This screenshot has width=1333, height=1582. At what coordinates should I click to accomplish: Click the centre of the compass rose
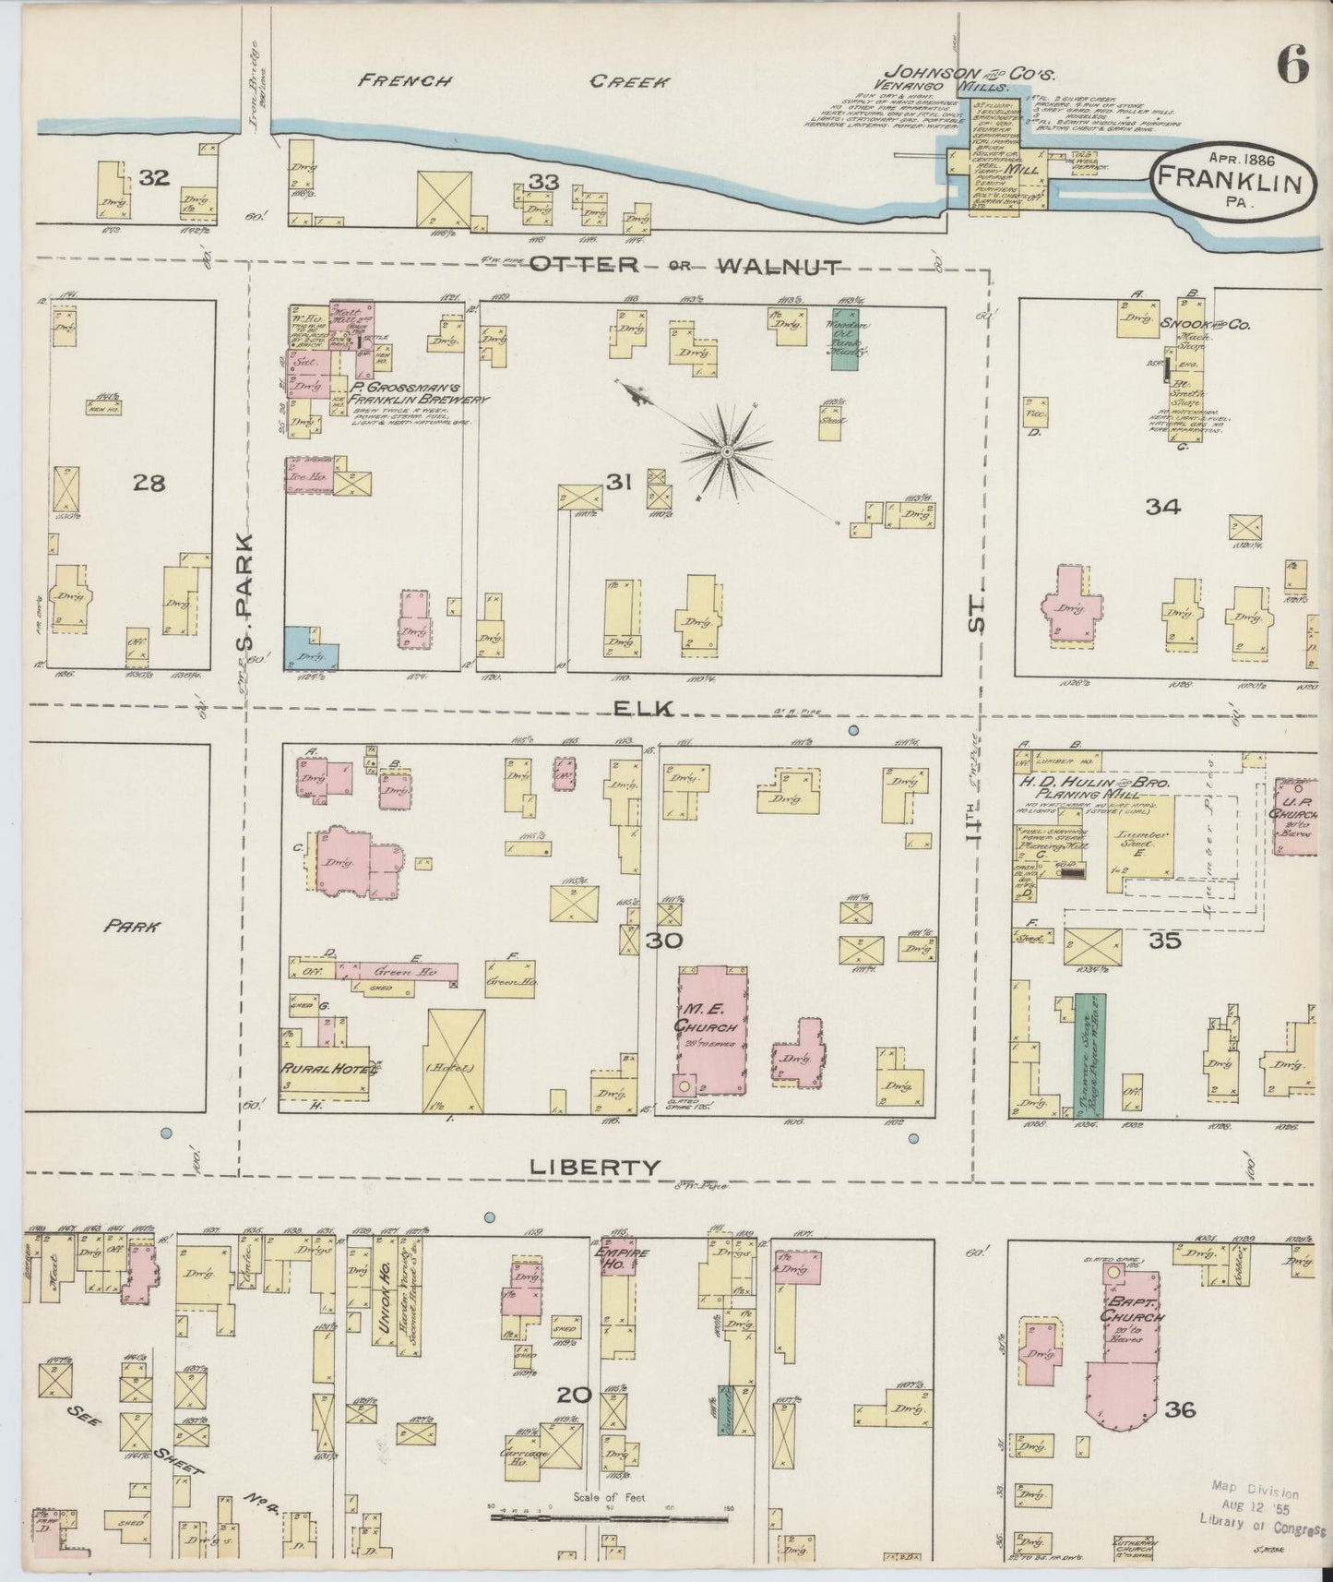(x=727, y=451)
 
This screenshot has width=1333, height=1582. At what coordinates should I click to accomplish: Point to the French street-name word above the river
(x=405, y=80)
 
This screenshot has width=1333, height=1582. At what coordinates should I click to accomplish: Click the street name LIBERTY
(x=595, y=1167)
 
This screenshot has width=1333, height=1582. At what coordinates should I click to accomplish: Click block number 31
(x=618, y=480)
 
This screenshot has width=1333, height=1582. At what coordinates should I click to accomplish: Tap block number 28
(x=149, y=481)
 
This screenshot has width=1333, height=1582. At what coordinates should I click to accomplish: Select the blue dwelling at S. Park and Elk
(x=309, y=649)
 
